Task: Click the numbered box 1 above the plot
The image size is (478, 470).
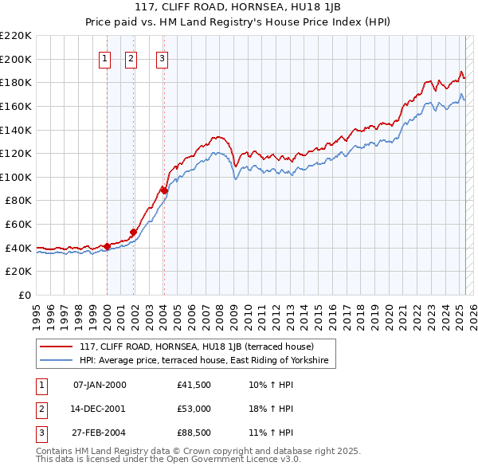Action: [x=105, y=57]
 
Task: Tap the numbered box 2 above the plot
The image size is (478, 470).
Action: [x=131, y=57]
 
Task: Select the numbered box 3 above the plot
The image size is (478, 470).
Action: [x=162, y=57]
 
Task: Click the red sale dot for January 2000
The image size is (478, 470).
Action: [x=107, y=246]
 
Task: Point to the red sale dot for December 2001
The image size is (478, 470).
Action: [x=134, y=233]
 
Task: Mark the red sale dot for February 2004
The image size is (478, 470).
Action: [x=164, y=190]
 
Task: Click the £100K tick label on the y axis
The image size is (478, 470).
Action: [x=17, y=177]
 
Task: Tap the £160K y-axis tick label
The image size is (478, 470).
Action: [x=17, y=106]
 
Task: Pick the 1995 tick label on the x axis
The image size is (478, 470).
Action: [x=37, y=311]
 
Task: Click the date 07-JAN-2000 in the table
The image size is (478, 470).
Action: [x=99, y=385]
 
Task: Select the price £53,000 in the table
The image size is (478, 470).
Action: [x=194, y=409]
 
